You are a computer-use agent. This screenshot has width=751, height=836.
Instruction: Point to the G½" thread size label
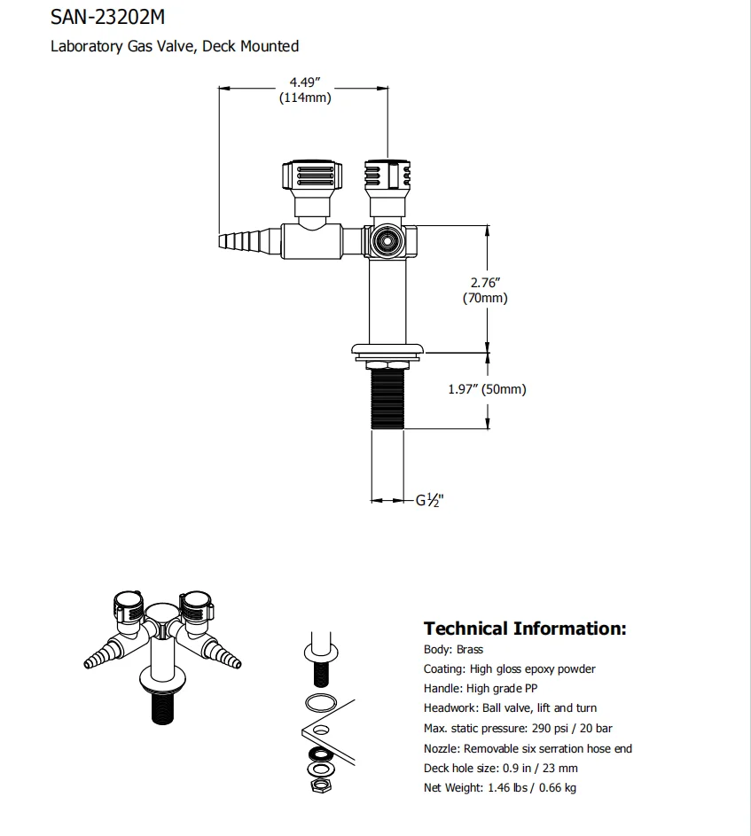point(430,500)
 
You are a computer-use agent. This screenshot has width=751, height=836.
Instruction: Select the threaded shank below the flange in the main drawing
point(387,398)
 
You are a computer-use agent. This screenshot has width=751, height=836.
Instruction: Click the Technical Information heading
point(525,629)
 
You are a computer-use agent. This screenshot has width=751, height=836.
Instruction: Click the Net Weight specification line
point(501,787)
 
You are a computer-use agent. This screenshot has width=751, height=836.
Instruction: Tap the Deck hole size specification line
point(501,768)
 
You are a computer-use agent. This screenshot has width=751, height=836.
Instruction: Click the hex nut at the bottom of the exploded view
point(317,785)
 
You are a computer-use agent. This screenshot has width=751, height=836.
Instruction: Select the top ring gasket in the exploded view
point(320,703)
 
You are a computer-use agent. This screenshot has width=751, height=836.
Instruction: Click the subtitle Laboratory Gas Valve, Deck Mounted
point(175,46)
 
